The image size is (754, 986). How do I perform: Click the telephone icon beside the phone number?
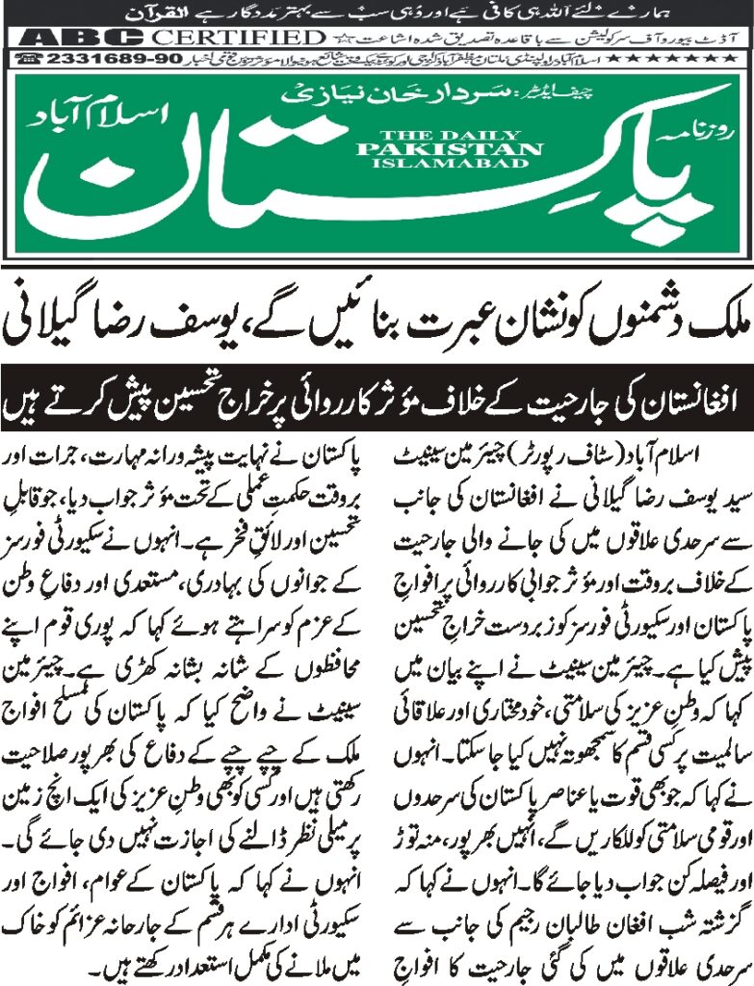[x=30, y=60]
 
